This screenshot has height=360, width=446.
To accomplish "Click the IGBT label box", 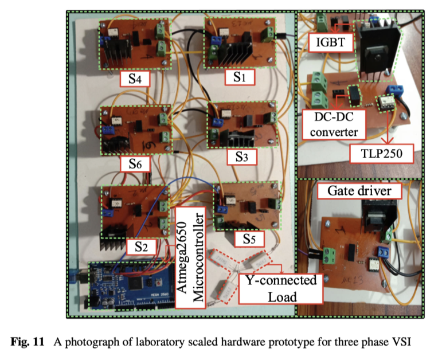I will click(x=325, y=41).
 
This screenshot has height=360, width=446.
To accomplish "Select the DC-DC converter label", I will click(x=332, y=123).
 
